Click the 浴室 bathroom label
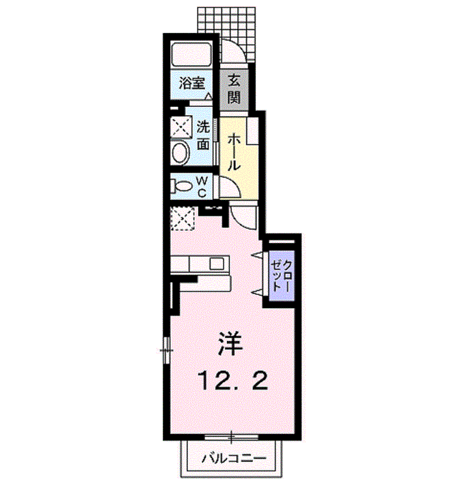pyautogui.click(x=191, y=84)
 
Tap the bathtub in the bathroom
pyautogui.click(x=191, y=54)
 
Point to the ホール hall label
pyautogui.click(x=234, y=151)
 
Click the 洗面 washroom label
pyautogui.click(x=203, y=135)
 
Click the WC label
pyautogui.click(x=202, y=186)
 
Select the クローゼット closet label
pyautogui.click(x=281, y=275)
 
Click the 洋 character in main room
pyautogui.click(x=230, y=344)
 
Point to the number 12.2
pyautogui.click(x=233, y=381)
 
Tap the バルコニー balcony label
pyautogui.click(x=234, y=459)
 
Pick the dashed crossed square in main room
pyautogui.click(x=183, y=218)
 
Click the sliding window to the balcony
pyautogui.click(x=231, y=437)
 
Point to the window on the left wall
pyautogui.click(x=167, y=350)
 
